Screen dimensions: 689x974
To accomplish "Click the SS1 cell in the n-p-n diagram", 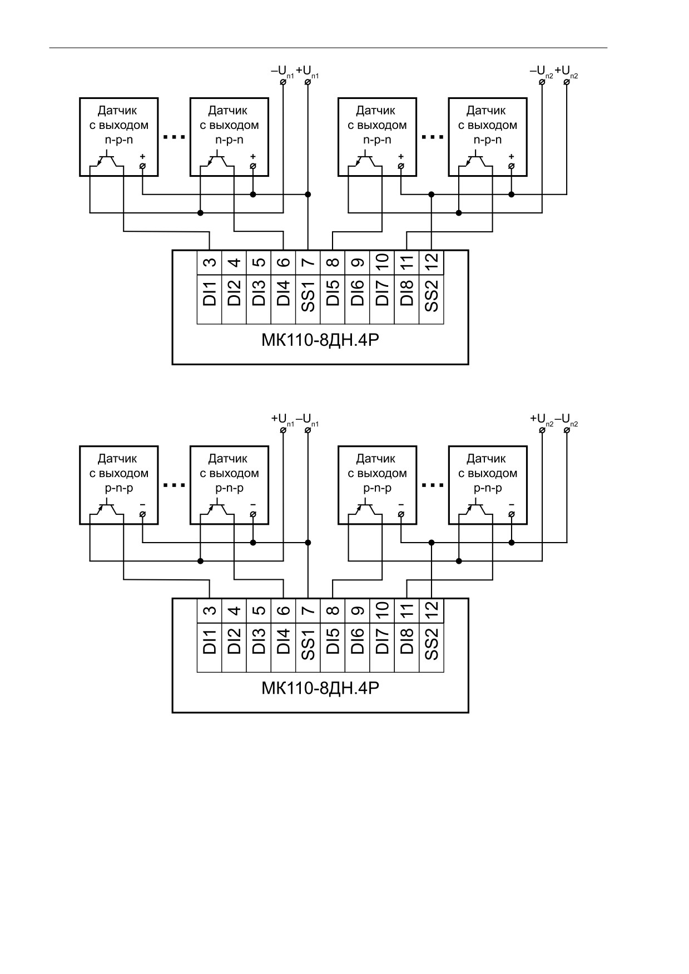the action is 308,299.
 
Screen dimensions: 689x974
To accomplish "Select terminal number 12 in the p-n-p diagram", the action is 432,610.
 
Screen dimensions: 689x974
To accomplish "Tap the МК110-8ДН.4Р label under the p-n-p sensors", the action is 320,688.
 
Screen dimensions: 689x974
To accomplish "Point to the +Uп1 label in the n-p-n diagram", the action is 308,72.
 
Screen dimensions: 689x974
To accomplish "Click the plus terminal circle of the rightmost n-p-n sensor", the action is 512,166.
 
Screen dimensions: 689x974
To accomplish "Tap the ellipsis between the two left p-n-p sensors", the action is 174,485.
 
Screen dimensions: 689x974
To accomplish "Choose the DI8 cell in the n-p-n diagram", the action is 407,299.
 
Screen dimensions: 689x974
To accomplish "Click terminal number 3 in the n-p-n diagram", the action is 210,262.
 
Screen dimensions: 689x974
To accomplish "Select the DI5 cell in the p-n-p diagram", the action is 333,647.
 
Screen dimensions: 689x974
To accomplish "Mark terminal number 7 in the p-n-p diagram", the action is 308,610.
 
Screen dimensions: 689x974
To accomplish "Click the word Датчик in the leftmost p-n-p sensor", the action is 117,459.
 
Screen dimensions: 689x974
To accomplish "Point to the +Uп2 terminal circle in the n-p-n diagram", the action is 567,82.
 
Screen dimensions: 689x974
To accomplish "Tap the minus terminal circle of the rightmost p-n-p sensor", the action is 512,514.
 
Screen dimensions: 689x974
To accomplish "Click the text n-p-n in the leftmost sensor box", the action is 119,140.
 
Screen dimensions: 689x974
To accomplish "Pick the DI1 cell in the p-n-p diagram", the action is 210,647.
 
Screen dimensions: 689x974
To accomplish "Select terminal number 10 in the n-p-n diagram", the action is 382,262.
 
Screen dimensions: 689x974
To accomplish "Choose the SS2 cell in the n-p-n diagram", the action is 432,299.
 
